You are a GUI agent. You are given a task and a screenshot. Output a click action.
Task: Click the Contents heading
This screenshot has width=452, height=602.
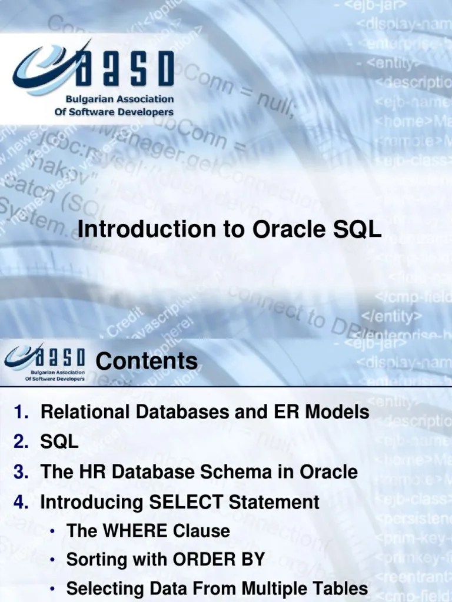click(x=147, y=360)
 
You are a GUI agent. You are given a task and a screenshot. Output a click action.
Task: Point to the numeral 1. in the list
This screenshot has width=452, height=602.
click(x=22, y=412)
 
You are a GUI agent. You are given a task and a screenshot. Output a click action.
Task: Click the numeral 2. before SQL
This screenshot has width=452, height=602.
click(x=22, y=442)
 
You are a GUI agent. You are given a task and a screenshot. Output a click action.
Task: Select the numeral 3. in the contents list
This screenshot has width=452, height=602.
click(x=22, y=472)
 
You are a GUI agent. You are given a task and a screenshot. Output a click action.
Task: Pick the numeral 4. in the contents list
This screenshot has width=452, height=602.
click(x=22, y=502)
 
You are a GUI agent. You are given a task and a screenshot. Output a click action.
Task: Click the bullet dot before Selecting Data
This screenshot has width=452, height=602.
click(x=53, y=588)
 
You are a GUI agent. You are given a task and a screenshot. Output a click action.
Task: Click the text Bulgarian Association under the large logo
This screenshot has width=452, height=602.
click(x=114, y=99)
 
